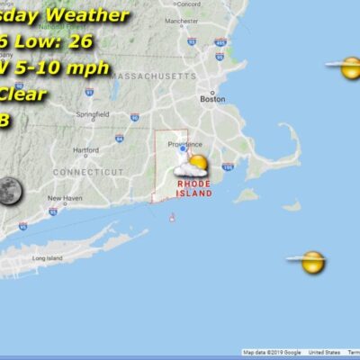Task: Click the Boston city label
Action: (211, 100)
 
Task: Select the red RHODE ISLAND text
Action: (194, 187)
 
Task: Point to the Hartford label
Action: (86, 150)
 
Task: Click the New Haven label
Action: (66, 198)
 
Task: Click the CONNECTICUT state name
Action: (88, 171)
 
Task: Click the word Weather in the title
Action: (88, 15)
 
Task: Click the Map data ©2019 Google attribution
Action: (273, 353)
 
